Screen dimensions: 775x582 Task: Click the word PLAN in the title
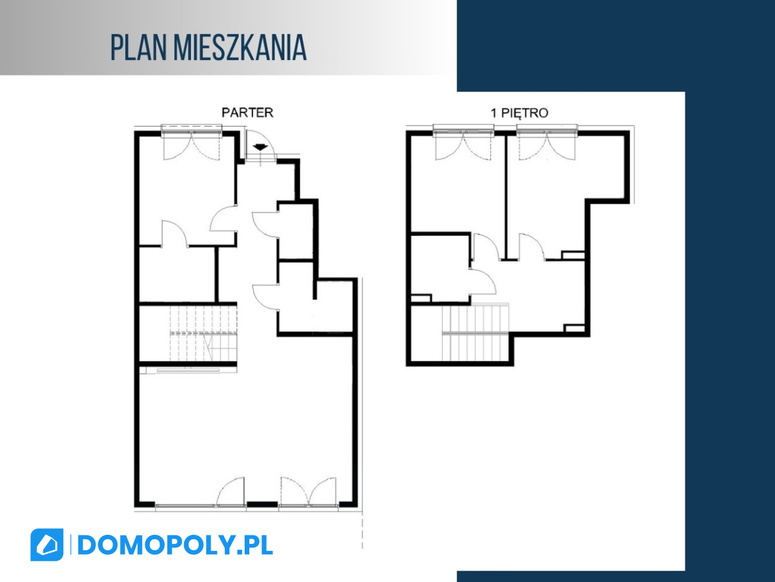(x=138, y=48)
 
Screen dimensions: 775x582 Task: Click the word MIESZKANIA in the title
(x=240, y=48)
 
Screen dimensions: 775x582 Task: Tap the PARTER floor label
(x=247, y=113)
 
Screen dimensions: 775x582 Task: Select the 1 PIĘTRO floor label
(x=519, y=113)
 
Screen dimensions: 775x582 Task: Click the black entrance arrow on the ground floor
(x=260, y=147)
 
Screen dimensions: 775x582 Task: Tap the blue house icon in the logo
(x=47, y=544)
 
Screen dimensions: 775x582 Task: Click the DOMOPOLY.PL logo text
(x=175, y=545)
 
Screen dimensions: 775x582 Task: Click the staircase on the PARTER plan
(x=203, y=333)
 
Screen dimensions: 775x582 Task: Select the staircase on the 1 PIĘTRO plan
(x=475, y=332)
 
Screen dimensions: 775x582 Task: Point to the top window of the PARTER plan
(x=192, y=130)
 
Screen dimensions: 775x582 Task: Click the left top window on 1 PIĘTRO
(x=463, y=130)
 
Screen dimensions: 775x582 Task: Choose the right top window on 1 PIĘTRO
(x=547, y=130)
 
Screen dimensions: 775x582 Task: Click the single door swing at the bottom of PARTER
(x=230, y=491)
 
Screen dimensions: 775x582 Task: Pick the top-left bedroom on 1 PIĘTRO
(x=458, y=184)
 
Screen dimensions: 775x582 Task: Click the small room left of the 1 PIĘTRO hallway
(x=440, y=268)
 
